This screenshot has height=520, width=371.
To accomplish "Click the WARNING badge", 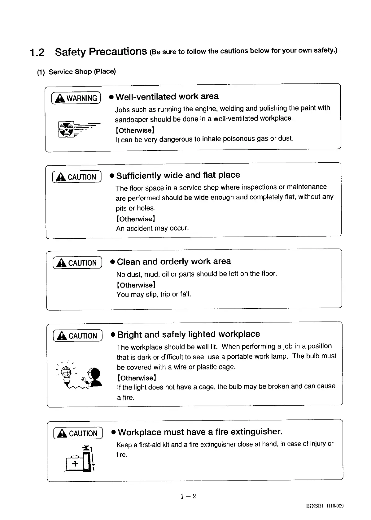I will [76, 98].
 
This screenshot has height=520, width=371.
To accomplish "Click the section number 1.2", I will [37, 53].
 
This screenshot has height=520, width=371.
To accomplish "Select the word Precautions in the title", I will [118, 52].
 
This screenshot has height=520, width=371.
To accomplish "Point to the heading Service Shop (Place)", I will [76, 72].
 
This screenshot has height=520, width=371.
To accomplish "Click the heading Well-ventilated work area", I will [167, 96].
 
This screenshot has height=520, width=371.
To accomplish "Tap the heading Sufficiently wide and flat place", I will [178, 175].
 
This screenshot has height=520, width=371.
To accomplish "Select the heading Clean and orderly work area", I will [174, 262].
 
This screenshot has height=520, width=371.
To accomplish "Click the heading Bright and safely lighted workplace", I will [189, 334].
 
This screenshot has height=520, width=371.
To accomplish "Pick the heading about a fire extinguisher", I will [200, 432].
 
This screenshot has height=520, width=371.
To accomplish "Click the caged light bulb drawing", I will [66, 372].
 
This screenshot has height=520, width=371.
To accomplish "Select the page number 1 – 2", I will [188, 497].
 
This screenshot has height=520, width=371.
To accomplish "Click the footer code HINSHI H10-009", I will [325, 506].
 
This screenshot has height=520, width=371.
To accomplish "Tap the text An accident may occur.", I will [152, 228].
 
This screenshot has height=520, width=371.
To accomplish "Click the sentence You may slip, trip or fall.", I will [154, 294].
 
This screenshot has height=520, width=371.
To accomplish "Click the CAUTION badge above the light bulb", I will [77, 336].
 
